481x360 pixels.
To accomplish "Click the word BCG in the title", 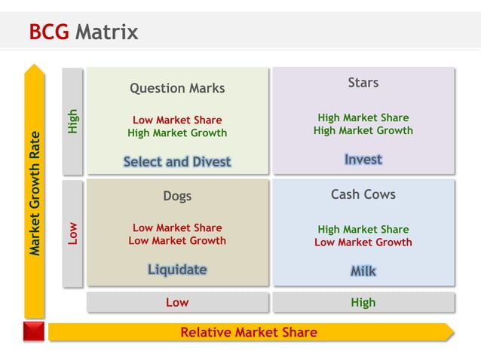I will (x=48, y=32).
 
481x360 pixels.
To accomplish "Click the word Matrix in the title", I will (x=106, y=32).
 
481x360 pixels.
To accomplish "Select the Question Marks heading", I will (x=177, y=88).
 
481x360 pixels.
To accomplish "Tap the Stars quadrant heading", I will (x=363, y=83).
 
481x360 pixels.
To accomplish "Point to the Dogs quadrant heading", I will (x=177, y=196).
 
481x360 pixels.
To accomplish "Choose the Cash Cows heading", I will (x=363, y=194).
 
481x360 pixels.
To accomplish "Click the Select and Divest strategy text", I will (x=177, y=161).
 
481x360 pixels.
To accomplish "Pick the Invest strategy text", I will (x=363, y=160).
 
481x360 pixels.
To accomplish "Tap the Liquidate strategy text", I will (x=177, y=270).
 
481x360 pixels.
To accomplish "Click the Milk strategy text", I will (x=363, y=271).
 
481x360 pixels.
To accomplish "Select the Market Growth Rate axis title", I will (x=35, y=194).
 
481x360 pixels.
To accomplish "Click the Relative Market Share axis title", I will (x=249, y=332).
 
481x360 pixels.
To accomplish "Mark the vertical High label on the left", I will (x=72, y=121).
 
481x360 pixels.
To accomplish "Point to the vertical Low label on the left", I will (x=72, y=233).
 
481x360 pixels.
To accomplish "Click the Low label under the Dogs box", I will (x=177, y=302).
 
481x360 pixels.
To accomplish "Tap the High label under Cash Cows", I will (x=363, y=302).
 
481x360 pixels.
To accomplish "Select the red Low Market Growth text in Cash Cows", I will (x=363, y=243).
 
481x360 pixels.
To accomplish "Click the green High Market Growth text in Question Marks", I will (x=177, y=133).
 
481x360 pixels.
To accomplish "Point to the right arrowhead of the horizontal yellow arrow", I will (x=449, y=332).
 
